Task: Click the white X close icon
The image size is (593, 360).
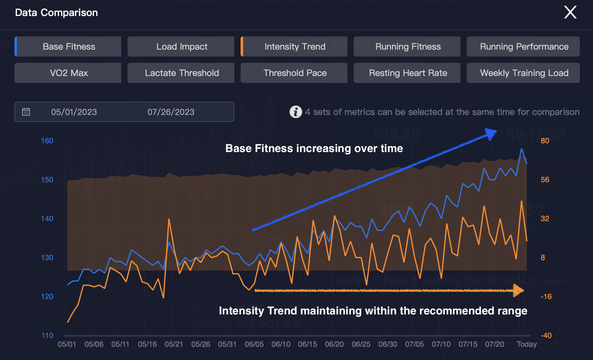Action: point(570,13)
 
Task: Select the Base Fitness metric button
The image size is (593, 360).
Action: point(68,46)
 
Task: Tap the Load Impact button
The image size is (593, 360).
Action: point(182,46)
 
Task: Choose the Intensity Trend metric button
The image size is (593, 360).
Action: point(295,46)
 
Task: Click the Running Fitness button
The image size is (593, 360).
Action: point(408,46)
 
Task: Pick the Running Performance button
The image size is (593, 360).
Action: point(524,46)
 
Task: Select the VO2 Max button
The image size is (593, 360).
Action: point(68,73)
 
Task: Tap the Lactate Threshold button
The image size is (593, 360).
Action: point(182,73)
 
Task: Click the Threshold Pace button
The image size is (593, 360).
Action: point(295,73)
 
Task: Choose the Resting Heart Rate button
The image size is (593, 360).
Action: point(408,73)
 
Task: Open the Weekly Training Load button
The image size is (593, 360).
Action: point(524,73)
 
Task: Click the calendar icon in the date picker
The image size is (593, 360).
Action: point(26,112)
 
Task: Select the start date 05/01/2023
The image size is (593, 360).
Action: point(74,112)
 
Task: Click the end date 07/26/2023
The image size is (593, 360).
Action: point(171,112)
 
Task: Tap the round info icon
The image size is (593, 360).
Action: point(296,112)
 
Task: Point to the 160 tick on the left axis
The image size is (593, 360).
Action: point(47,141)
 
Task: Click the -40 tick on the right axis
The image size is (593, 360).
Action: point(546,335)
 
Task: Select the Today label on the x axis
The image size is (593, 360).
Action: point(526,344)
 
